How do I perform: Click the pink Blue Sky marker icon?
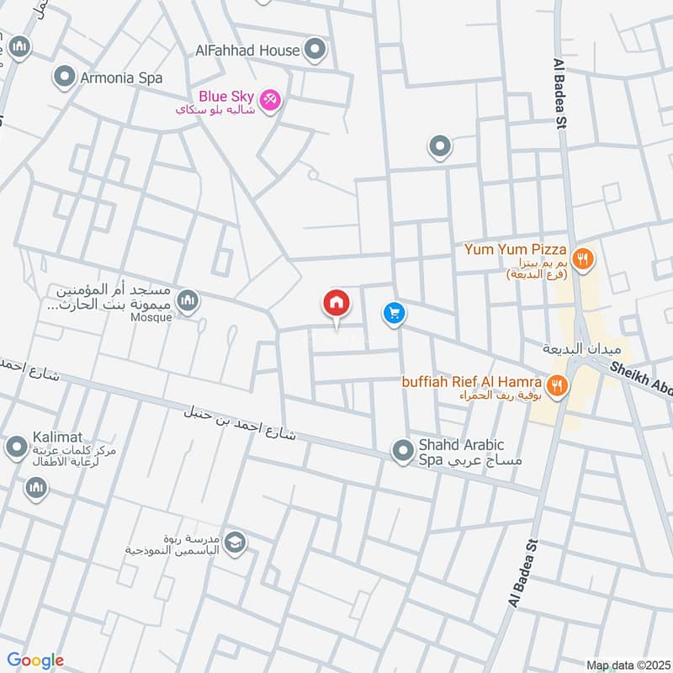tap(270, 99)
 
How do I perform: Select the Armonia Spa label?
tap(120, 78)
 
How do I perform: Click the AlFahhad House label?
tap(247, 50)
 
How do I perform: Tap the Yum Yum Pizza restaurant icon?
tap(582, 258)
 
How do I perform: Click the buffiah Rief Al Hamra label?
tap(470, 381)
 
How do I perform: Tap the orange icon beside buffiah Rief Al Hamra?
tap(556, 386)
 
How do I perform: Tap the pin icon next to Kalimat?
tap(16, 448)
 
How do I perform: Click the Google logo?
tap(35, 660)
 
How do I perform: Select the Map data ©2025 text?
tap(626, 665)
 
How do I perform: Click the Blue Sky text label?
tap(225, 96)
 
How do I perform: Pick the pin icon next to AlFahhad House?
tap(315, 49)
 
